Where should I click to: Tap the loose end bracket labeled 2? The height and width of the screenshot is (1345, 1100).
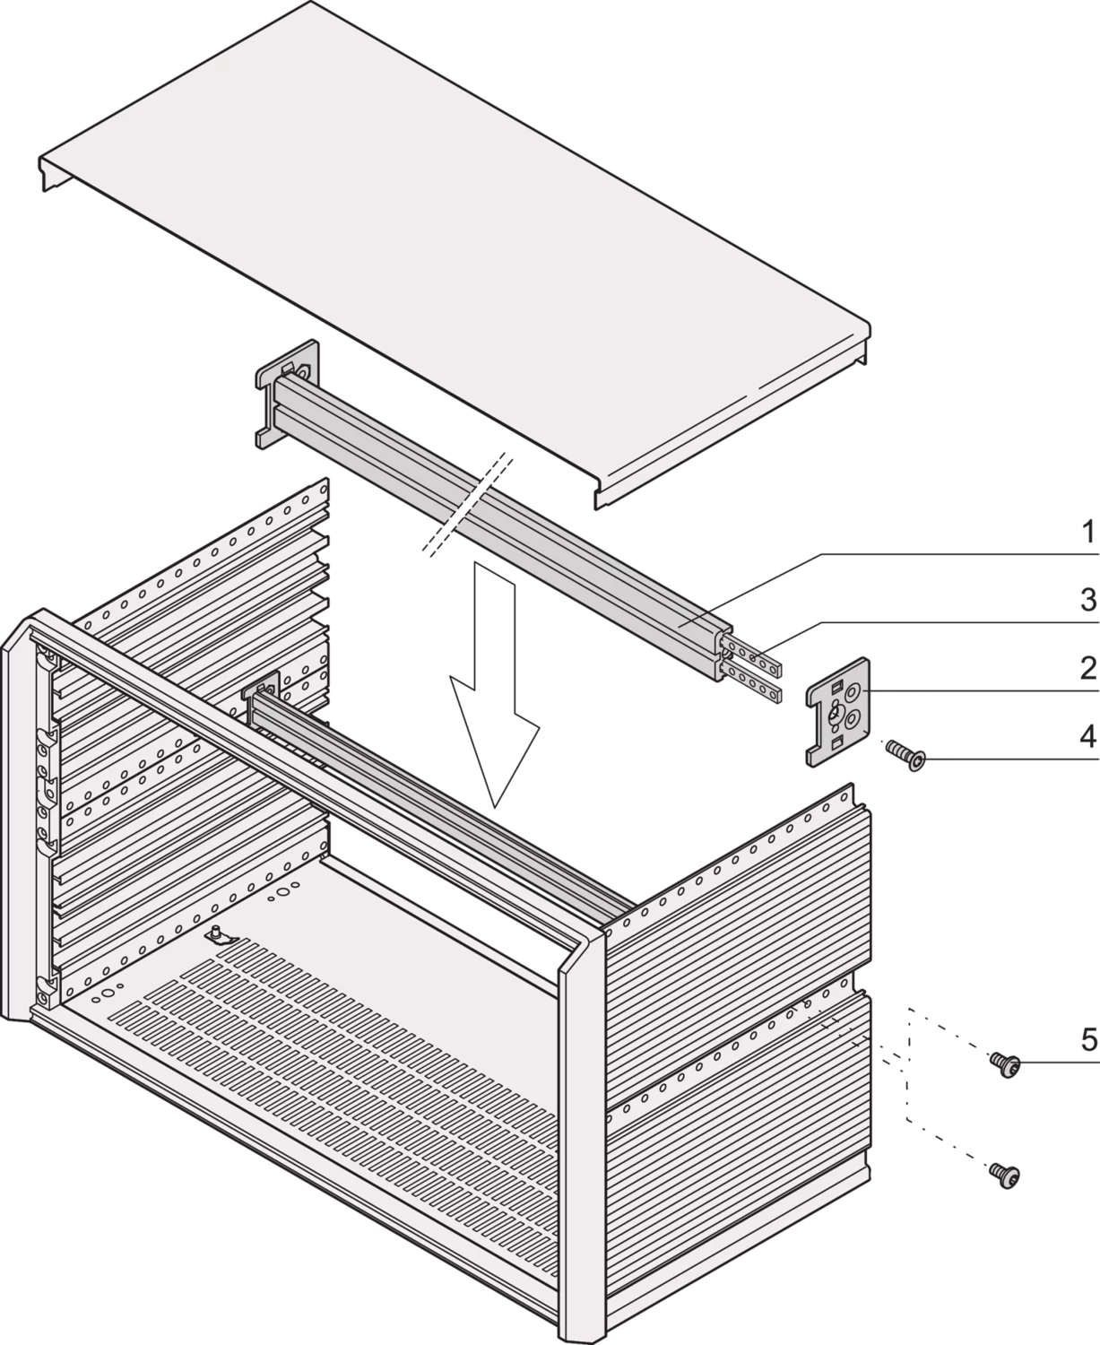pyautogui.click(x=838, y=711)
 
